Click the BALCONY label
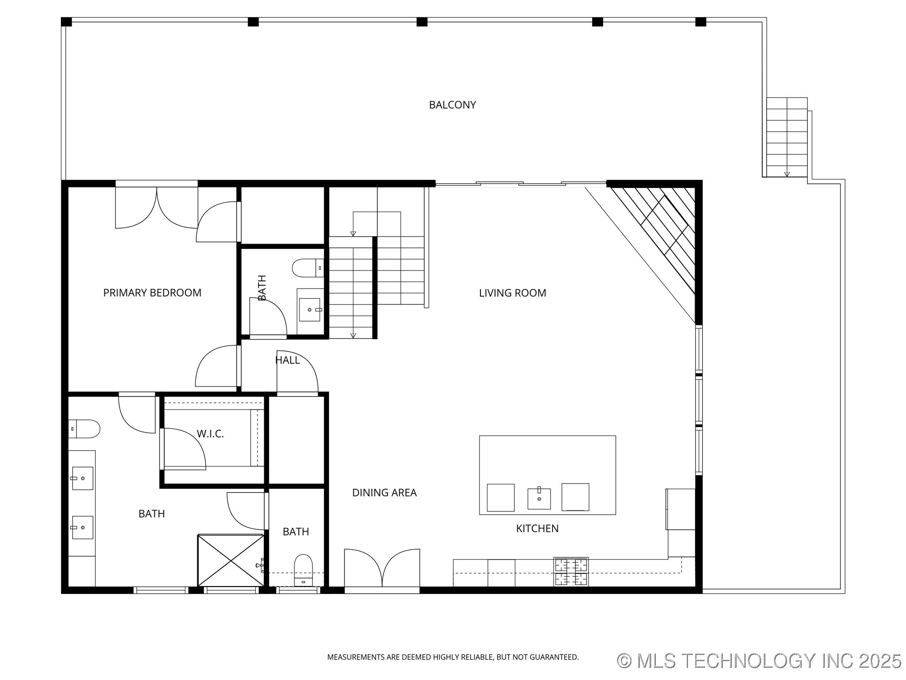(x=452, y=105)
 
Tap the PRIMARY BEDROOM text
(x=152, y=293)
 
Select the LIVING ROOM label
(x=512, y=293)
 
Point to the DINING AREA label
(x=384, y=493)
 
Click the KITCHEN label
(x=537, y=528)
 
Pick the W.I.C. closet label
(x=210, y=433)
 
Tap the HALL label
(x=287, y=360)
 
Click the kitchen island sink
(x=539, y=498)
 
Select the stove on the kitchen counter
(x=571, y=571)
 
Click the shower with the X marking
(x=230, y=561)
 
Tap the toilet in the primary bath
(x=85, y=429)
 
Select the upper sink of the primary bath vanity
(x=82, y=478)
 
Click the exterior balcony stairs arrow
(x=787, y=174)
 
